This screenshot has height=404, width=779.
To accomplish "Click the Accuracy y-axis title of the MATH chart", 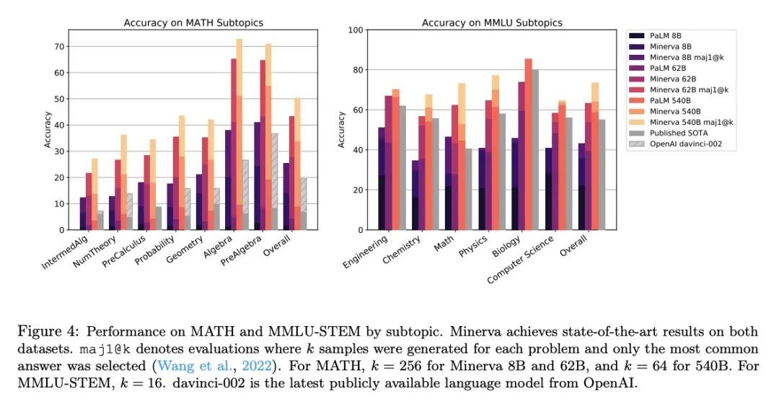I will coord(48,130).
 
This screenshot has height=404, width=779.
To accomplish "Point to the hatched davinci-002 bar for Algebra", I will coord(245,195).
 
